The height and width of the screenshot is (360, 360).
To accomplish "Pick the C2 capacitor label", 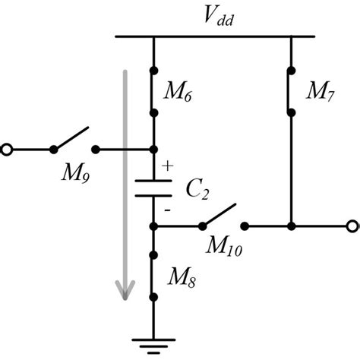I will click(x=197, y=189).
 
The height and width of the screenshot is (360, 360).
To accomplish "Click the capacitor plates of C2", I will click(x=153, y=187).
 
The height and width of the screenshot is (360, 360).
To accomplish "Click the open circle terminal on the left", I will click(x=7, y=150).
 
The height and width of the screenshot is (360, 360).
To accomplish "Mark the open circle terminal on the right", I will click(x=352, y=226).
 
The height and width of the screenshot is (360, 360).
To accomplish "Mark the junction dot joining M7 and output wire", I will click(x=292, y=226).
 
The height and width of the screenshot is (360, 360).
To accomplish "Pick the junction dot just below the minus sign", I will click(x=153, y=226).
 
